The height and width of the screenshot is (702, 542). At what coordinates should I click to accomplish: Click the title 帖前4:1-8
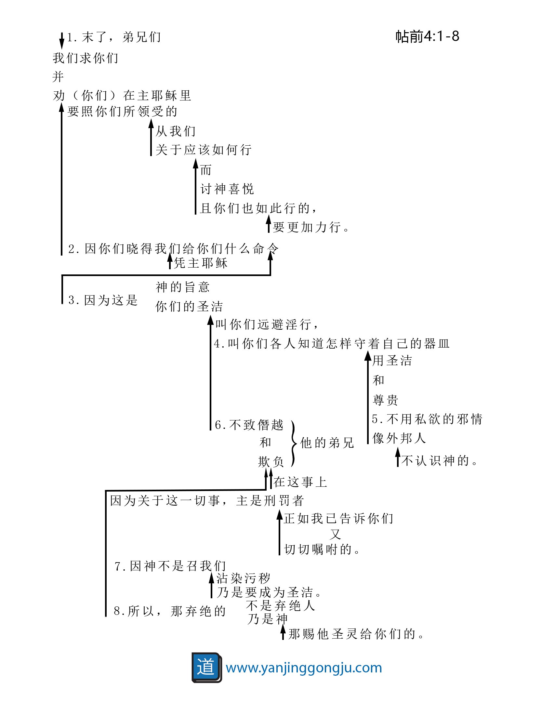[427, 36]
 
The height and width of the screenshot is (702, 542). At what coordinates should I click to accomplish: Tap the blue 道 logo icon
[206, 667]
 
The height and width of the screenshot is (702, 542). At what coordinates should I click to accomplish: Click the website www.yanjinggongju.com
[304, 668]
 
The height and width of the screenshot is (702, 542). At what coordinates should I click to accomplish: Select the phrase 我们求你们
[86, 58]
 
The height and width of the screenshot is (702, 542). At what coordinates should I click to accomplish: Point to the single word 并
[58, 77]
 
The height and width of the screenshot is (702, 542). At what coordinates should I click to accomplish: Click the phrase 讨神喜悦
[227, 189]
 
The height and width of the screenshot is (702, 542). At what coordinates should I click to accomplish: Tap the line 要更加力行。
[311, 227]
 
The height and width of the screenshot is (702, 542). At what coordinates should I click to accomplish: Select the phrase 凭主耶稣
[201, 263]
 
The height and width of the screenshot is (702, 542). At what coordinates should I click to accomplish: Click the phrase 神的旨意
[182, 287]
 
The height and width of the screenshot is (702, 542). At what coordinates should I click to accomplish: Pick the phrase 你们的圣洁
[189, 306]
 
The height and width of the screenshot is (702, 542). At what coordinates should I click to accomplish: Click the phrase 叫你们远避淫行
[267, 324]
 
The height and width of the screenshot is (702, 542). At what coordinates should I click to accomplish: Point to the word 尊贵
[385, 400]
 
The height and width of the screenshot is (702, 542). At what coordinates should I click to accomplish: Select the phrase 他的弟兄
[327, 443]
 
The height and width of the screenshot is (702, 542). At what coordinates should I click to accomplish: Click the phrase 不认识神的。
[439, 461]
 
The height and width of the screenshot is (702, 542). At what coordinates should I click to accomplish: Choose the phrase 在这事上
[300, 482]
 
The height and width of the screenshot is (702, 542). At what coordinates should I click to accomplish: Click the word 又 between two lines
[335, 534]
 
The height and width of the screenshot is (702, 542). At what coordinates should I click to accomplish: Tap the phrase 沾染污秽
[243, 578]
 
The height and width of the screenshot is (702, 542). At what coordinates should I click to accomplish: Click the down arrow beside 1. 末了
[62, 41]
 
